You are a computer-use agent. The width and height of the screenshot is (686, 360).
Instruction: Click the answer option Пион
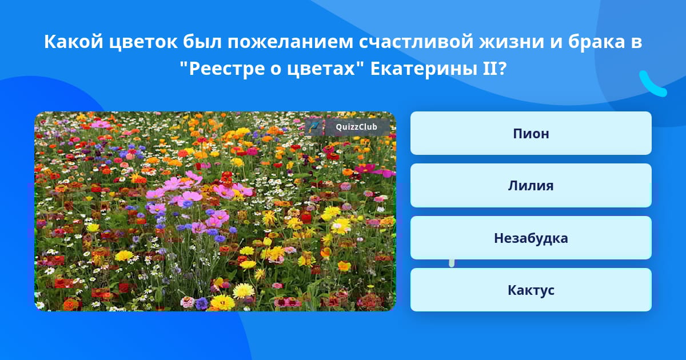click(x=531, y=133)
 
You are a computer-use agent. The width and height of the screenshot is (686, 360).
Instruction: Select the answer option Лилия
click(x=531, y=186)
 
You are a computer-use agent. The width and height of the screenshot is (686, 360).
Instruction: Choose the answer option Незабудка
click(x=531, y=238)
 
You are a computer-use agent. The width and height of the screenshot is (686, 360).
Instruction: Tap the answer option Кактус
click(x=531, y=290)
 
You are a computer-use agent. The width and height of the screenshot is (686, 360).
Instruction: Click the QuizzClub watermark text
click(x=357, y=127)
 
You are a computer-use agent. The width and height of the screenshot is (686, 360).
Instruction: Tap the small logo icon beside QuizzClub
click(x=314, y=127)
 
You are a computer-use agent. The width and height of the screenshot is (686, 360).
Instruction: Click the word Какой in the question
click(x=74, y=42)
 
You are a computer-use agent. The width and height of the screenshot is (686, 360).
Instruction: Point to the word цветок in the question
click(x=143, y=42)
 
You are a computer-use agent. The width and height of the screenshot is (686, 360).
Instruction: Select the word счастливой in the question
click(x=416, y=42)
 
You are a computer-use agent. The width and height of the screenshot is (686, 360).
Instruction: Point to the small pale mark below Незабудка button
click(x=452, y=263)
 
